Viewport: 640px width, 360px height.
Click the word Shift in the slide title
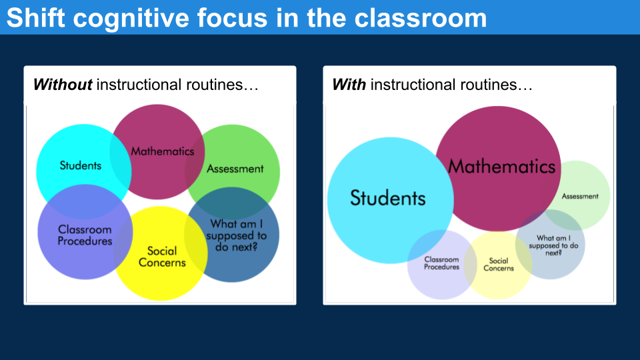[36, 18]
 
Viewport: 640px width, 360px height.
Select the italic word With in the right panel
[349, 85]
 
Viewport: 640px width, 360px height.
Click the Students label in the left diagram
[80, 165]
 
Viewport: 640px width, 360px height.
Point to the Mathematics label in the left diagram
[162, 151]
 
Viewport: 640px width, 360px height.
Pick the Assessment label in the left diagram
[235, 169]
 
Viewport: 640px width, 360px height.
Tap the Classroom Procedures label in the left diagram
[85, 235]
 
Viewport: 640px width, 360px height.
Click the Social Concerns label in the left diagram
[162, 256]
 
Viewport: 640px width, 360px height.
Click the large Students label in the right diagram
[387, 197]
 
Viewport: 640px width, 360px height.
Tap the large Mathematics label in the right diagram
[501, 166]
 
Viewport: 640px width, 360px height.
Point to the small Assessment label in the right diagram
[580, 196]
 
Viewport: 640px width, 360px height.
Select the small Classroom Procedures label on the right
[441, 263]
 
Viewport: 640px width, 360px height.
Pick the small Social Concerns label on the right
[499, 265]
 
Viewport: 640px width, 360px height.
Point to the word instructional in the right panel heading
[413, 85]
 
